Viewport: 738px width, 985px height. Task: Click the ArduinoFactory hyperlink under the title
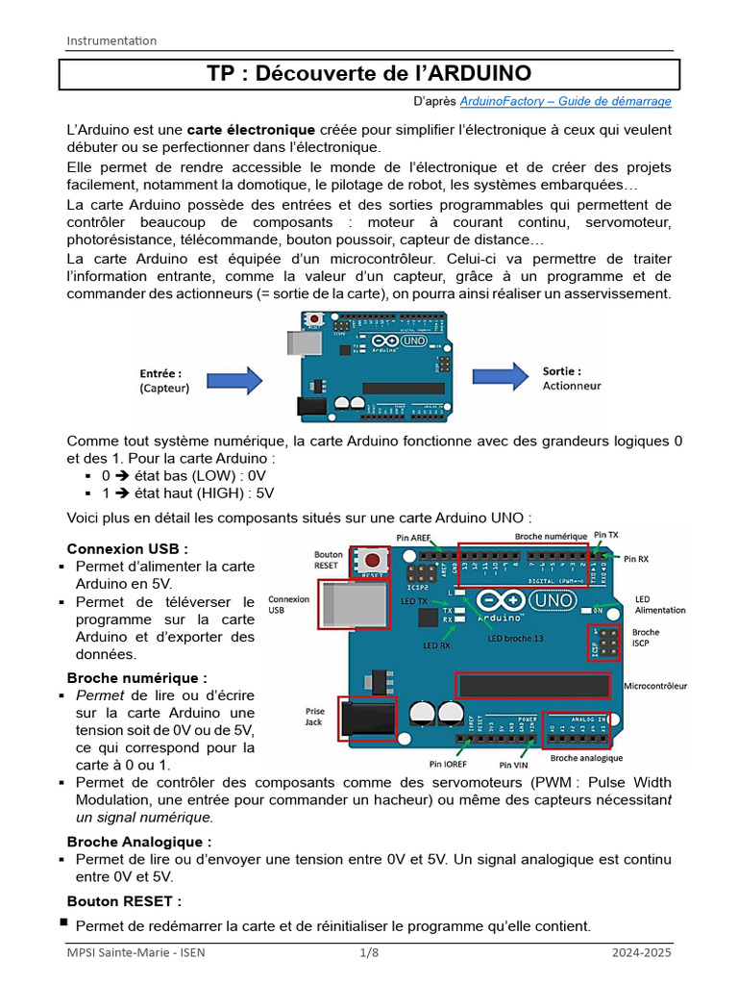coord(566,101)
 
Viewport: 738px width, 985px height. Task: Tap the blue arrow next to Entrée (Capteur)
coord(235,380)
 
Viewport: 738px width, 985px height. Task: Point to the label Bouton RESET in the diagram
coord(329,561)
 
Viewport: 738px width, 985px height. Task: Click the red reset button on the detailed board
coord(371,560)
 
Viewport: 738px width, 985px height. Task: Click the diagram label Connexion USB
coord(288,604)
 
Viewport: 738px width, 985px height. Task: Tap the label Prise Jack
coord(314,717)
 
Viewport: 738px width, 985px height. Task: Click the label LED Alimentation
coord(660,605)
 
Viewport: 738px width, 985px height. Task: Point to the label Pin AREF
coord(414,537)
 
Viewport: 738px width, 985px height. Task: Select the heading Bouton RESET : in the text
coord(124,901)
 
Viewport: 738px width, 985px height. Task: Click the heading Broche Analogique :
coord(139,842)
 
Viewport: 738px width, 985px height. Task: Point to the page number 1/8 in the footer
coord(369,953)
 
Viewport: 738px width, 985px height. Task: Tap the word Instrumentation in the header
coord(111,40)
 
